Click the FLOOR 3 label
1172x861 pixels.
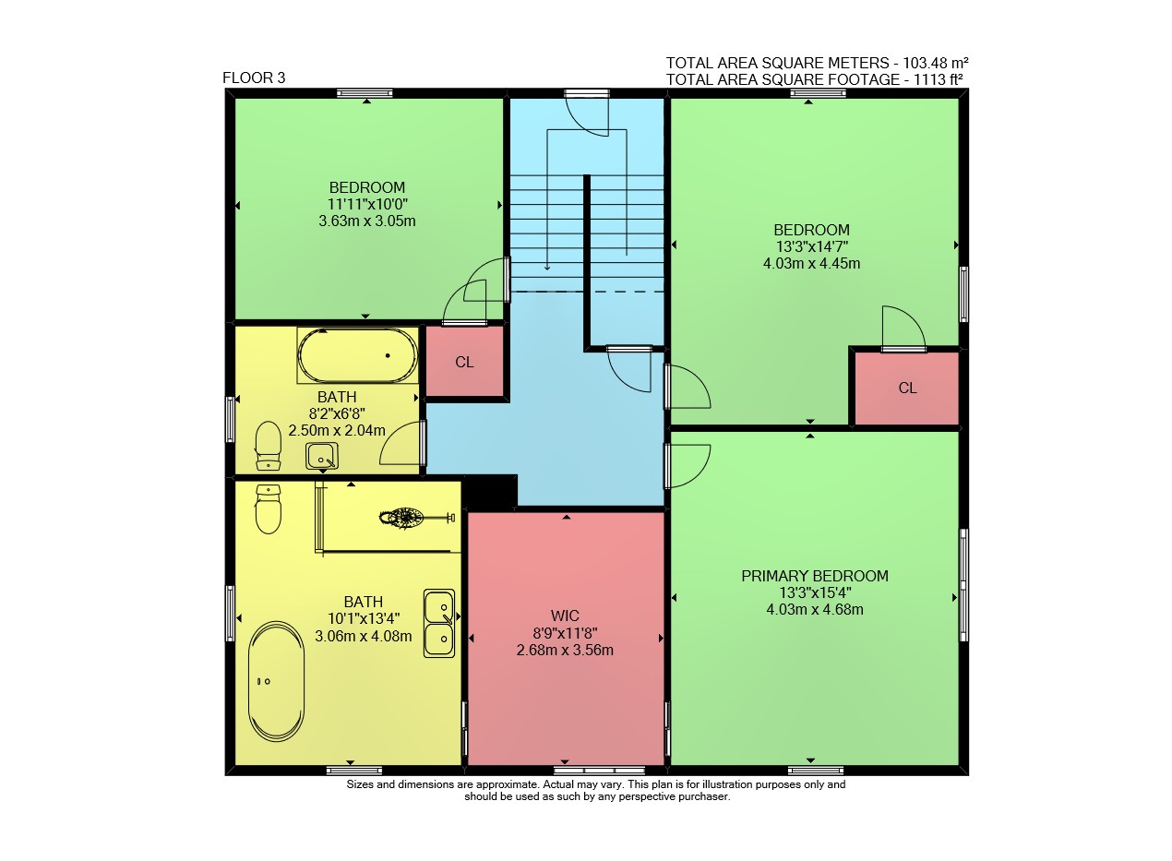pyautogui.click(x=254, y=78)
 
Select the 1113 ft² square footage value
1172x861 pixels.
pyautogui.click(x=939, y=79)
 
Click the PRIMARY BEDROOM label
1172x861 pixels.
pyautogui.click(x=815, y=576)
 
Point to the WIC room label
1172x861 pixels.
pyautogui.click(x=565, y=616)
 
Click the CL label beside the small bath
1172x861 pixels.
pyautogui.click(x=464, y=362)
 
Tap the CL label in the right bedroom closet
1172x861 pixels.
pyautogui.click(x=908, y=388)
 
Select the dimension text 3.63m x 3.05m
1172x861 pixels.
pyautogui.click(x=367, y=221)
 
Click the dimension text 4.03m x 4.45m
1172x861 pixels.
pyautogui.click(x=811, y=263)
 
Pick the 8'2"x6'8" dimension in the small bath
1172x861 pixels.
pyautogui.click(x=337, y=413)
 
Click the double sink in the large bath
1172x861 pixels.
pyautogui.click(x=439, y=623)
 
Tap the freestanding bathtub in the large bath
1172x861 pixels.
pyautogui.click(x=276, y=681)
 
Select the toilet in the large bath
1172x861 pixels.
pyautogui.click(x=269, y=509)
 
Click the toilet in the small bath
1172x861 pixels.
pyautogui.click(x=269, y=447)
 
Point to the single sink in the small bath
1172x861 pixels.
pyautogui.click(x=322, y=456)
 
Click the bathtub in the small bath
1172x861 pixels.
pyautogui.click(x=358, y=355)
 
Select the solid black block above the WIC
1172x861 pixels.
pyautogui.click(x=490, y=492)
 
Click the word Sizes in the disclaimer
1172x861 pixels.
pyautogui.click(x=360, y=784)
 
